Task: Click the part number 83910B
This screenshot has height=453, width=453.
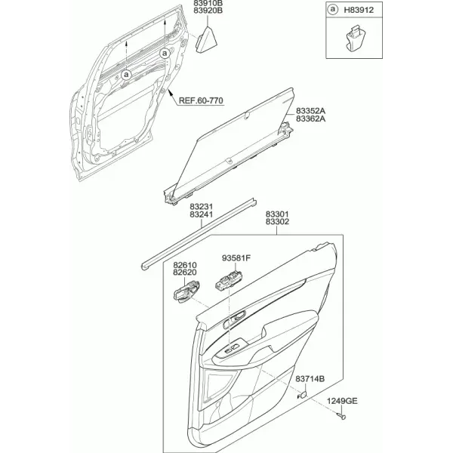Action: (208, 4)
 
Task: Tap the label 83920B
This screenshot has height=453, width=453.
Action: (208, 11)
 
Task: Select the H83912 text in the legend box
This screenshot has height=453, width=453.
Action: (359, 10)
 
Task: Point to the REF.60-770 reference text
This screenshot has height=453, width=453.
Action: (201, 100)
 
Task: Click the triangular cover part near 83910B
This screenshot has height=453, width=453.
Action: (207, 39)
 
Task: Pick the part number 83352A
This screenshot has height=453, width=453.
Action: (310, 111)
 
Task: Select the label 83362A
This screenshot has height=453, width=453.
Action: (310, 119)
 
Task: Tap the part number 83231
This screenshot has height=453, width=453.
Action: (202, 207)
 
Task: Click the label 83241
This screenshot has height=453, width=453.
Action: (202, 214)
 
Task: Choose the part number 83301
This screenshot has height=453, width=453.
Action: (277, 214)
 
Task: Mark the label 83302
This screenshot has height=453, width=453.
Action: (277, 222)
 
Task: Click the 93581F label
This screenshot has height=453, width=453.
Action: (236, 258)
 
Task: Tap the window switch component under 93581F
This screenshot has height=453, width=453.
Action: (229, 280)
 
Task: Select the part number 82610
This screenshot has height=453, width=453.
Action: (185, 265)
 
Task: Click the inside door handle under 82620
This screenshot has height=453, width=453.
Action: (186, 291)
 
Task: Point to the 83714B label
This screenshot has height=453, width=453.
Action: (310, 379)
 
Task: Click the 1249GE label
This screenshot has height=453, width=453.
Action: (342, 402)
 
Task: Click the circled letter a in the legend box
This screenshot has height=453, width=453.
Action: (333, 10)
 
